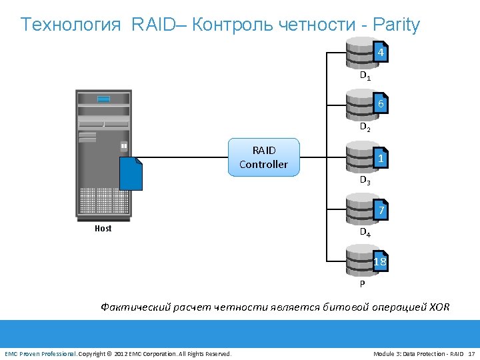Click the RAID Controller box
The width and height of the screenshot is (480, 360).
(x=263, y=157)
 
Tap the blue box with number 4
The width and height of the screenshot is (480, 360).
(x=379, y=53)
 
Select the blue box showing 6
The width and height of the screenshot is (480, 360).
(x=379, y=105)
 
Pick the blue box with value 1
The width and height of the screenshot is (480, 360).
(x=379, y=159)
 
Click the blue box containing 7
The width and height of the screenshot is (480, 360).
(x=380, y=211)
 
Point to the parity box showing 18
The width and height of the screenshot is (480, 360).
(x=379, y=261)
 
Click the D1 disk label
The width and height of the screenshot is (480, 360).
(x=365, y=76)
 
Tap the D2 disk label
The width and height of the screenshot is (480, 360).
(x=365, y=127)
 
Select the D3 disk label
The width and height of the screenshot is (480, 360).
(x=365, y=180)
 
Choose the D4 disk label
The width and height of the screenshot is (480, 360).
(x=365, y=233)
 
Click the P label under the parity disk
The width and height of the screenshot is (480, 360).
(x=362, y=283)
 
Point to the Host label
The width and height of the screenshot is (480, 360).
(x=103, y=229)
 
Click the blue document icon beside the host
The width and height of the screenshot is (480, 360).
(x=131, y=173)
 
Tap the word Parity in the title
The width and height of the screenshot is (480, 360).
(x=397, y=25)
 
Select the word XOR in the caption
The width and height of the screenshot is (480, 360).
(x=439, y=307)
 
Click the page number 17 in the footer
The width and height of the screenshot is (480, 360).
(x=471, y=353)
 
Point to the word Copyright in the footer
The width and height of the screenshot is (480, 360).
(x=91, y=353)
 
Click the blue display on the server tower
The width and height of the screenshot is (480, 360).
(x=103, y=99)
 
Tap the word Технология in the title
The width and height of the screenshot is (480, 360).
(x=71, y=25)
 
